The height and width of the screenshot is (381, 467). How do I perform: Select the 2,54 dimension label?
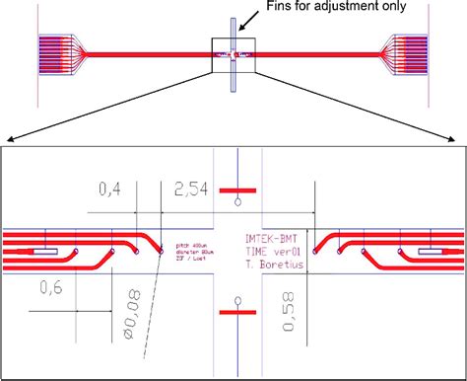pos(190,189)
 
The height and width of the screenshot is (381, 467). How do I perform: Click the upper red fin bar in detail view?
pos(237,188)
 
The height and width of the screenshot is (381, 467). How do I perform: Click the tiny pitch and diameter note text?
pos(187,249)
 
